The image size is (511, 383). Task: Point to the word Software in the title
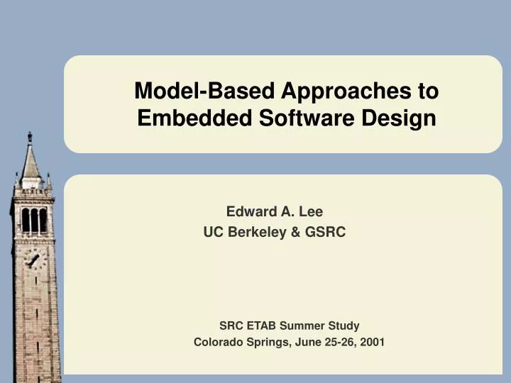coord(294,118)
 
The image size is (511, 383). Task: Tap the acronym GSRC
coord(325,232)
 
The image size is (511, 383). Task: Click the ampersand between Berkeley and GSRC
coord(295,232)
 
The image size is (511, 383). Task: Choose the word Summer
coord(302,326)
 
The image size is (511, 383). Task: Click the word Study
coord(344,326)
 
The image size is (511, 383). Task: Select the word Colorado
coord(217,342)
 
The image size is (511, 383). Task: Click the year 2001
coord(373,342)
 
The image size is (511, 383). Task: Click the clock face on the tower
coord(33,260)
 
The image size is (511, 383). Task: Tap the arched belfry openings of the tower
coord(33,221)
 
